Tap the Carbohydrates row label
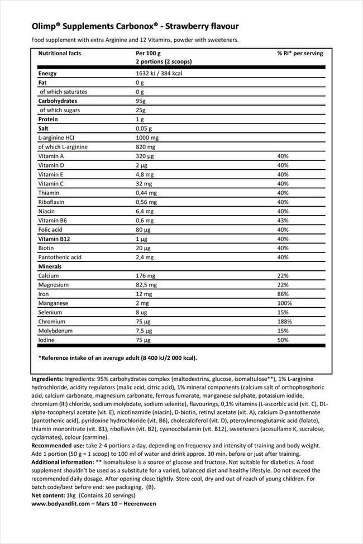pos(58,101)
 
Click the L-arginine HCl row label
pos(58,137)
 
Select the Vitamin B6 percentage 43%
pos(283,220)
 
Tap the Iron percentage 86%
pos(283,294)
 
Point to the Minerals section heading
pos(50,266)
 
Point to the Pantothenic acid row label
pos(60,257)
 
